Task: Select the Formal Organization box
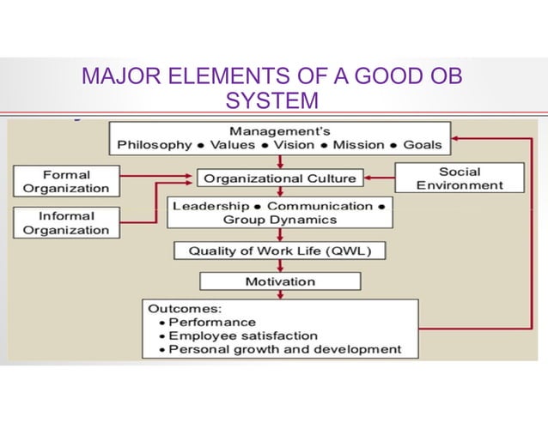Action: [66, 181]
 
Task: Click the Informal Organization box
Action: [66, 222]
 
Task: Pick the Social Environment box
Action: [460, 178]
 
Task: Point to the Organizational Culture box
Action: [279, 178]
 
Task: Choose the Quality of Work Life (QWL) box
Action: [279, 251]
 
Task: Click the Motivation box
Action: [278, 281]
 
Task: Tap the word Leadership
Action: [211, 207]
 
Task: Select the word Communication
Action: [320, 207]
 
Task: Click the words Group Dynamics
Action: [278, 220]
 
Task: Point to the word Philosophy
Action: [155, 145]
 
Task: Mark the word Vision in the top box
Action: [295, 145]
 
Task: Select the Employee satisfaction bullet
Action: [242, 335]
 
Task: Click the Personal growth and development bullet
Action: [283, 349]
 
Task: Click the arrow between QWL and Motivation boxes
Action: [278, 266]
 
